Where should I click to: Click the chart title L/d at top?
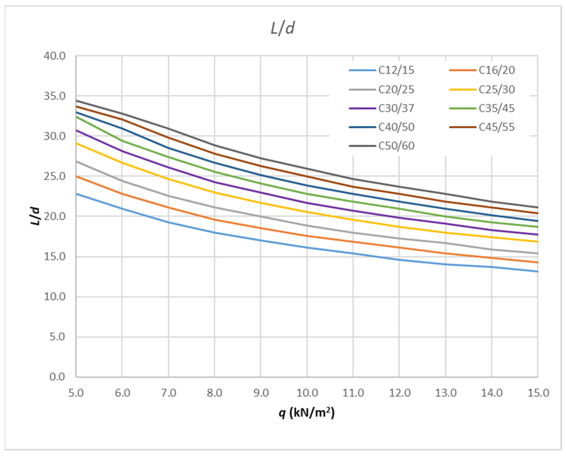[283, 28]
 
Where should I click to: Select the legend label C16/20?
[497, 70]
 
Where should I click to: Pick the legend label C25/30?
[497, 90]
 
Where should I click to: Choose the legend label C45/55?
[497, 127]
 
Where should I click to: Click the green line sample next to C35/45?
[463, 108]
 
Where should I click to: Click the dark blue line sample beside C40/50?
[362, 127]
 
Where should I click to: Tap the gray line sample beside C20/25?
[362, 90]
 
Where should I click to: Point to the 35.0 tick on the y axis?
[54, 96]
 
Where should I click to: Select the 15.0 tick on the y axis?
[54, 257]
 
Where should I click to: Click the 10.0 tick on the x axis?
[307, 393]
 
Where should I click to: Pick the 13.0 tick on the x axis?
[446, 393]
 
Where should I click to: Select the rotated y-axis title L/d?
[35, 216]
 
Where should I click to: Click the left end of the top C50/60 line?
[77, 100]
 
